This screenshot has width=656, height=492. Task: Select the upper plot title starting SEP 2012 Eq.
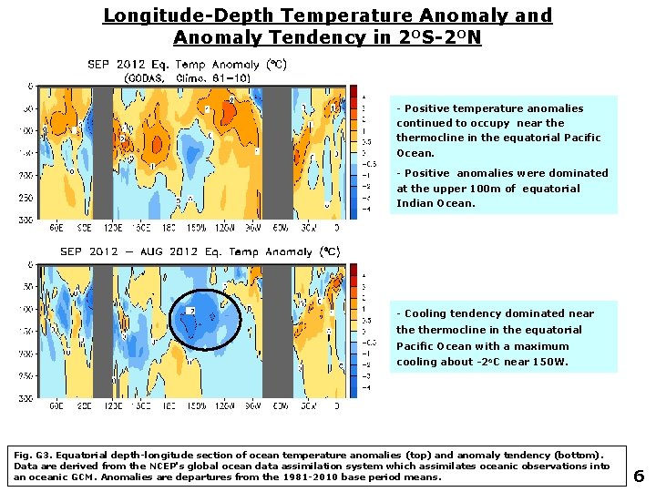coord(187,64)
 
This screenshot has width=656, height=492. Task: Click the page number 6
coord(639,475)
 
